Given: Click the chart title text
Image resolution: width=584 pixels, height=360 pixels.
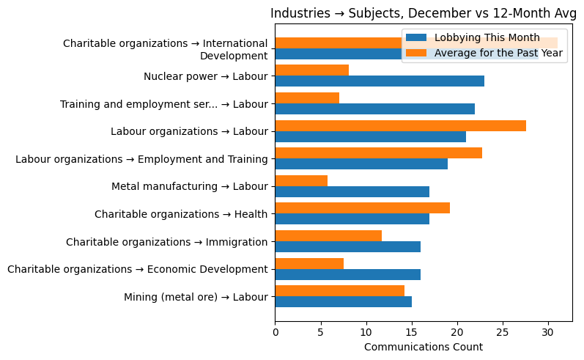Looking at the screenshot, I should [x=424, y=12].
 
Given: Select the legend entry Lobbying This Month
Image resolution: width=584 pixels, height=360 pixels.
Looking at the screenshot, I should [x=487, y=38].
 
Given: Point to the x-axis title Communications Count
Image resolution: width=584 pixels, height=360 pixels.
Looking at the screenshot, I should [x=423, y=347].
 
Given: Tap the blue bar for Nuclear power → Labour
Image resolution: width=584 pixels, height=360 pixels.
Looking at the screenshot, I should [x=379, y=81].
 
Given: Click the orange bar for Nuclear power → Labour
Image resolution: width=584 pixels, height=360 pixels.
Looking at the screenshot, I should [x=311, y=70].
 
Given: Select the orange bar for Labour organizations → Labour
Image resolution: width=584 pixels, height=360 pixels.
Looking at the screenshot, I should [x=400, y=125].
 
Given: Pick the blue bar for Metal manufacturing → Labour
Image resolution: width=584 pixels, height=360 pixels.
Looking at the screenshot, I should [x=352, y=191].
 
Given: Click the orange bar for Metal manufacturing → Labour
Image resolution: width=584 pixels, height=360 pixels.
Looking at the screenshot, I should [x=301, y=180].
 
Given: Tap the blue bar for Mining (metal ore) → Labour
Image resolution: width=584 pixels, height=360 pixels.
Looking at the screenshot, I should [x=343, y=302].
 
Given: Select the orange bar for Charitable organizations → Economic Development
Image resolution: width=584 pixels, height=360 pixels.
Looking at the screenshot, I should [x=309, y=263].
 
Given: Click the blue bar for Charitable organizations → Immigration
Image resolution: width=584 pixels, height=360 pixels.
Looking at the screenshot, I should [x=347, y=247].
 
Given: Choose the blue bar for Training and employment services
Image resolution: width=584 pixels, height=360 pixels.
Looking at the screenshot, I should [x=374, y=109].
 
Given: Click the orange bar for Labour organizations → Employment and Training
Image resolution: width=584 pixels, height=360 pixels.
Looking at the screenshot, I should [x=378, y=153].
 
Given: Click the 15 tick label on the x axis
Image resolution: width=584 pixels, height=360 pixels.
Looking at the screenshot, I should [x=411, y=331].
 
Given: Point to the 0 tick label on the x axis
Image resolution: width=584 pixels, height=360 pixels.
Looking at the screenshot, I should [x=275, y=331].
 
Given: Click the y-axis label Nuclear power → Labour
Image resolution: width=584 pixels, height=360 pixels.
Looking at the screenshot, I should [x=206, y=76].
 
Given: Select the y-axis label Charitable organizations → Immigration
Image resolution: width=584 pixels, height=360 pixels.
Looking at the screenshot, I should [x=166, y=242].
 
